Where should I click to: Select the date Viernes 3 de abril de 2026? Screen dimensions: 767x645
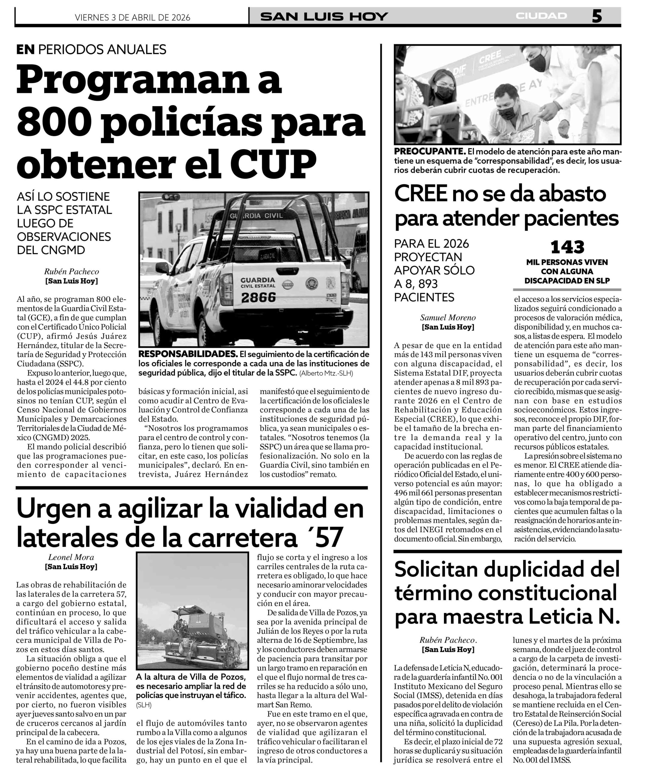pyautogui.click(x=132, y=17)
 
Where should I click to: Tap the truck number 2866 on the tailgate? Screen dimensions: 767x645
pyautogui.click(x=258, y=298)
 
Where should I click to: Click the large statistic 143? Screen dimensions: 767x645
pyautogui.click(x=567, y=248)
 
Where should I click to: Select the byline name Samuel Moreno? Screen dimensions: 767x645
pyautogui.click(x=448, y=318)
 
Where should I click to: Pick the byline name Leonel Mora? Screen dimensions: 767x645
pyautogui.click(x=71, y=557)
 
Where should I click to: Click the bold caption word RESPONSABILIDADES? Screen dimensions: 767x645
pyautogui.click(x=188, y=354)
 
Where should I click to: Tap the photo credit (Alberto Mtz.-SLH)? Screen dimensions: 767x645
pyautogui.click(x=326, y=373)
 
